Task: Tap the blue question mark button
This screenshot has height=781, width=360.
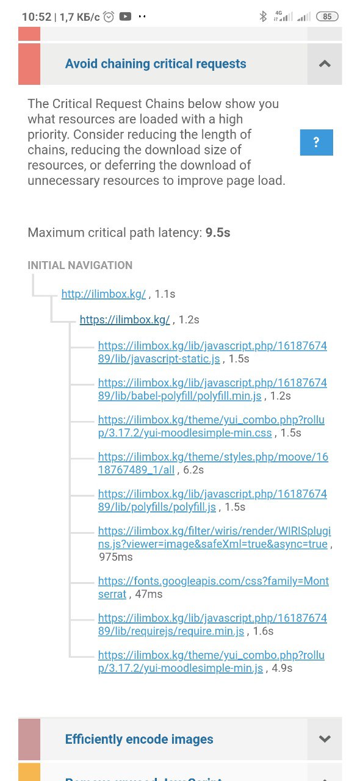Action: [x=317, y=142]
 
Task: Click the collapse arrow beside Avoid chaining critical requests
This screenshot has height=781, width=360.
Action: [x=325, y=64]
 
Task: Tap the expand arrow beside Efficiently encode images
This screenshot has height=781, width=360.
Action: [x=325, y=739]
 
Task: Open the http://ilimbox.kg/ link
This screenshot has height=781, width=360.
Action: [x=104, y=294]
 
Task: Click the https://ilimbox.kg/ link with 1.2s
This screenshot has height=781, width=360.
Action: [x=125, y=320]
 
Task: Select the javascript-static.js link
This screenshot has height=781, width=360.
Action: [x=212, y=352]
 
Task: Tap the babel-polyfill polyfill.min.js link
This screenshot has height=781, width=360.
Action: [x=212, y=389]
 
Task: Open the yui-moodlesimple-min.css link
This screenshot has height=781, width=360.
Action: [x=211, y=426]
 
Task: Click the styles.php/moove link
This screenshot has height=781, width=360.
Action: [x=213, y=463]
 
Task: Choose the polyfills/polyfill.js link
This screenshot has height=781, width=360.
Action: [x=212, y=500]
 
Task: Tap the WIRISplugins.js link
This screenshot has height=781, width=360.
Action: [x=215, y=538]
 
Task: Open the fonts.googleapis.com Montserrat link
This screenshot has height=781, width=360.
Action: [x=214, y=588]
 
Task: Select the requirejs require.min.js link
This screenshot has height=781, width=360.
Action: [x=212, y=624]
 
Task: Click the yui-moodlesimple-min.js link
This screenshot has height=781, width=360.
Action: [x=211, y=661]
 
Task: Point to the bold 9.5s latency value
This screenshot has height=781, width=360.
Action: [x=218, y=232]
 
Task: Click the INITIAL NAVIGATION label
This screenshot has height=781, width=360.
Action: [x=80, y=265]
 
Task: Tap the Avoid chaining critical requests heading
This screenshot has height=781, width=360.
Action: [x=156, y=64]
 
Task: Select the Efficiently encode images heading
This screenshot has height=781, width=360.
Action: [x=139, y=739]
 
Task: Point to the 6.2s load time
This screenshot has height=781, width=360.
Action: [x=193, y=470]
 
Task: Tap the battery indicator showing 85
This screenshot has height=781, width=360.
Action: [x=327, y=16]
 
